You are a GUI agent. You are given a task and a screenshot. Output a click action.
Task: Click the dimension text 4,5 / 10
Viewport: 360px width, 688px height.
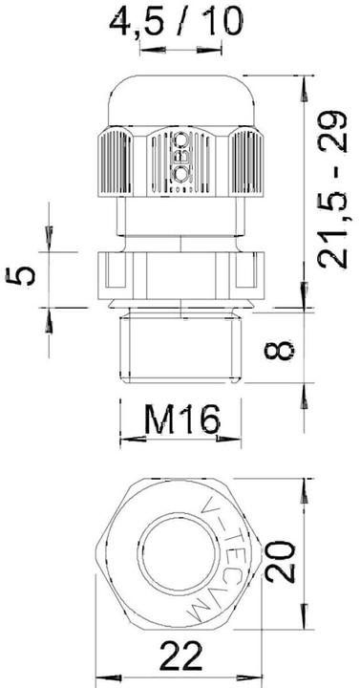(x=177, y=20)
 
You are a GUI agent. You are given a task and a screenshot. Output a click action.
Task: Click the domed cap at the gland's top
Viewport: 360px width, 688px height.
(x=178, y=104)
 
